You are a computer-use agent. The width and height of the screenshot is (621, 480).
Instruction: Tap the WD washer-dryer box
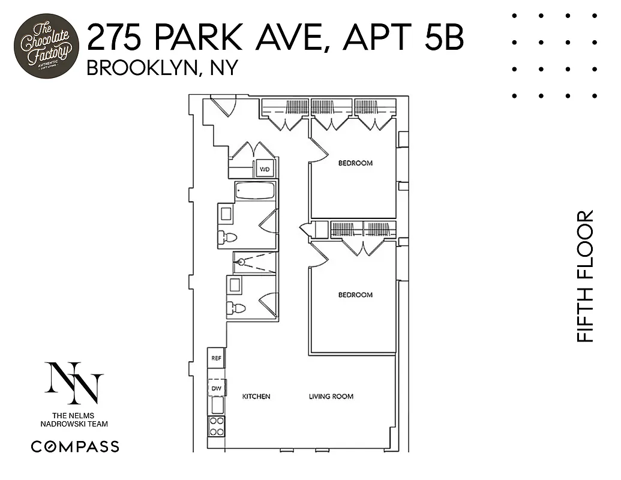265,169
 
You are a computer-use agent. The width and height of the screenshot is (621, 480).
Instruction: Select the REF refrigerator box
216,358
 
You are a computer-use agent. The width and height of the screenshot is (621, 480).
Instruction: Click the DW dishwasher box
216,389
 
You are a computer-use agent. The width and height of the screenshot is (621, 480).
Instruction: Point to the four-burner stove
216,426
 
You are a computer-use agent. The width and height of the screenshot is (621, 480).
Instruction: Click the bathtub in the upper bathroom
255,191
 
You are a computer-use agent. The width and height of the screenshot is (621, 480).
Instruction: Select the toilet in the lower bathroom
236,308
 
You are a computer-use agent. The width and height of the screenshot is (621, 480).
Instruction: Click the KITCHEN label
256,397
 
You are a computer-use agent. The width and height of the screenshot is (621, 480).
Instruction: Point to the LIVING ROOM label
331,397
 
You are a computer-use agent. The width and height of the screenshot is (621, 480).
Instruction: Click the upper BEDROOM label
355,163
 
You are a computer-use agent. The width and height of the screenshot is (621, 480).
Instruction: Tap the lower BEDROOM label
355,295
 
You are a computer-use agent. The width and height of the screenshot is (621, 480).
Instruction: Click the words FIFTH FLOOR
584,276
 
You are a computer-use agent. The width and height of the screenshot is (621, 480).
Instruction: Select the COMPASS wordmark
75,446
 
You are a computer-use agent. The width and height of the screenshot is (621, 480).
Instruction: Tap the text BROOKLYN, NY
162,68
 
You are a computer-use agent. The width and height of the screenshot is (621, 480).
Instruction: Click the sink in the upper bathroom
226,213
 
